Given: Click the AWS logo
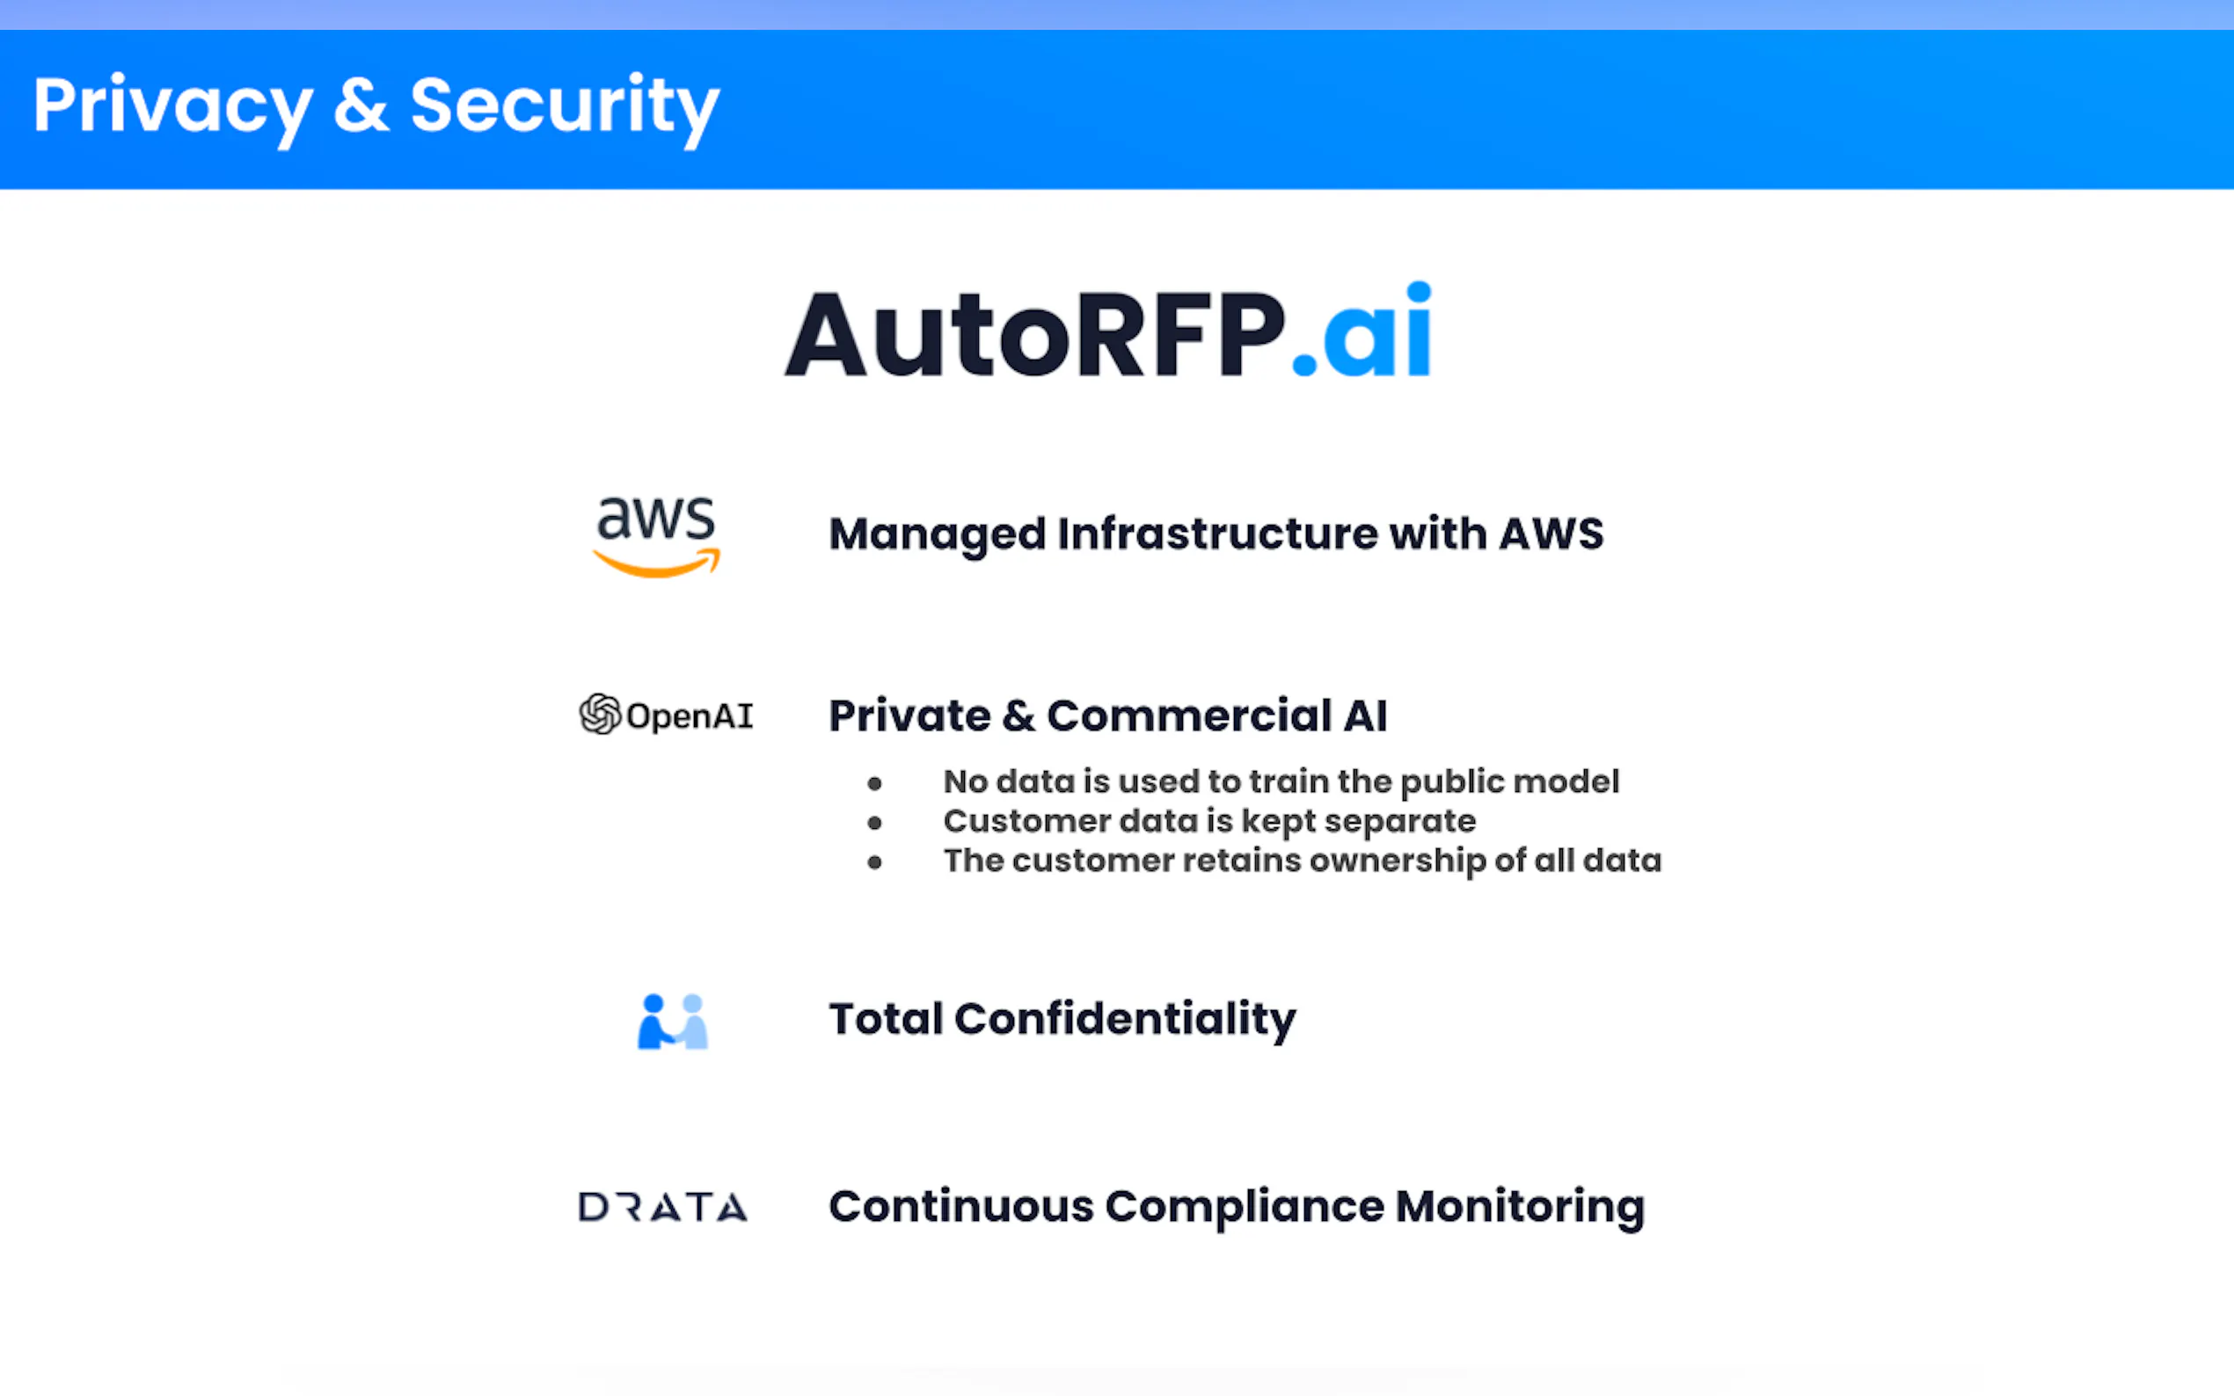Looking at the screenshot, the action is (x=656, y=536).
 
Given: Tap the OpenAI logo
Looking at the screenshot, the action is (x=666, y=715).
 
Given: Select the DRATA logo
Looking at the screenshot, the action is (x=663, y=1207).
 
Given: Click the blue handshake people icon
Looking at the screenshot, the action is (x=673, y=1022).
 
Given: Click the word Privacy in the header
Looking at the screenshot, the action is (x=172, y=109).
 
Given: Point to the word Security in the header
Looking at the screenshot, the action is (x=565, y=109).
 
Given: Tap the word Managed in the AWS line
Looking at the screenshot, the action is (x=938, y=535).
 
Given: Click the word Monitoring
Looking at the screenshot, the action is (x=1520, y=1208).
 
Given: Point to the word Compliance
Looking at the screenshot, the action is (x=1245, y=1208).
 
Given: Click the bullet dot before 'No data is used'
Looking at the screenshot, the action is (x=874, y=784).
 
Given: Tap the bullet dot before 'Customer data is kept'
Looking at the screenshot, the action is (x=874, y=823).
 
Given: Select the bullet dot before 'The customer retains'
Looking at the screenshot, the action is (x=874, y=862).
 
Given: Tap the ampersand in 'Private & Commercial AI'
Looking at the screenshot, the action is (x=1018, y=716).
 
